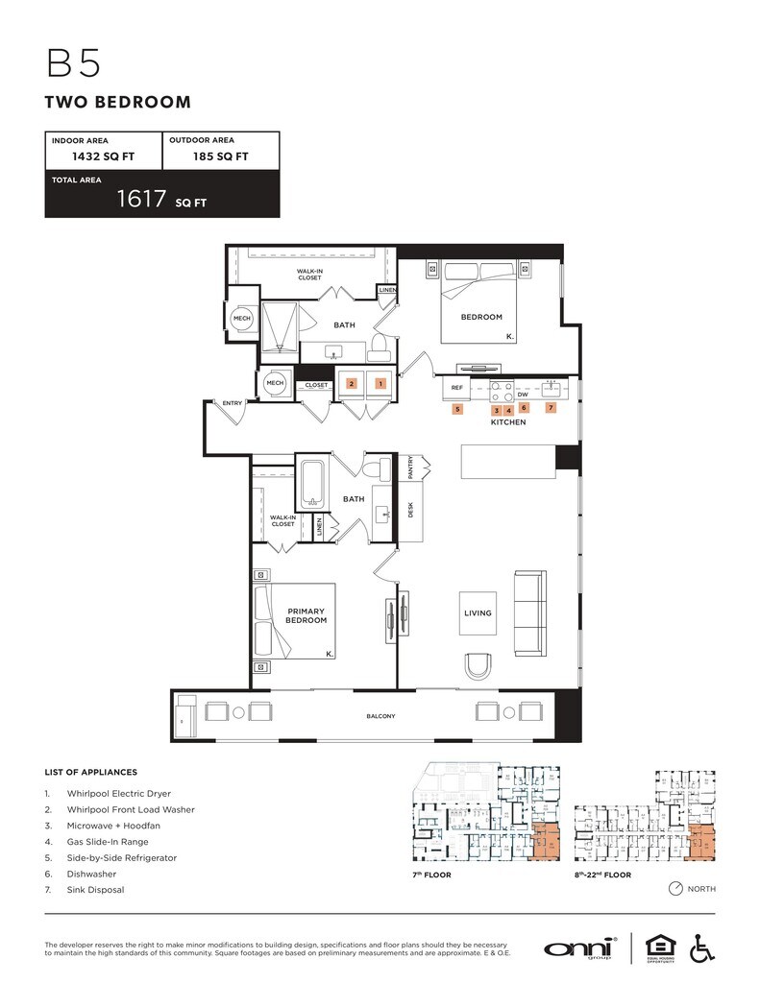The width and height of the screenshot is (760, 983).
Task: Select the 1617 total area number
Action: [x=141, y=199]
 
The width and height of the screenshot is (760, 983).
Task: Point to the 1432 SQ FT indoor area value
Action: [x=103, y=156]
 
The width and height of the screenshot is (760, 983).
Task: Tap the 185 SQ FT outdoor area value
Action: [x=221, y=156]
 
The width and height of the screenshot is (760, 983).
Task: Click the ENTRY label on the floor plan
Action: [x=233, y=403]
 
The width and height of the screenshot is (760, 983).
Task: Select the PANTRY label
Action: [x=411, y=468]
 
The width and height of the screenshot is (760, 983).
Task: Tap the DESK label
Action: [x=411, y=512]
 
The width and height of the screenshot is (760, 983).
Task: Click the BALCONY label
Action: [x=380, y=716]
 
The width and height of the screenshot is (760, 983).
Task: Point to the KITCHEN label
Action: [x=508, y=422]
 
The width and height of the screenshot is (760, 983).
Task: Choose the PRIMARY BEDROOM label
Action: [x=306, y=615]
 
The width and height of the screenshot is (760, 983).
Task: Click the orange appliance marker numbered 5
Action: [x=457, y=409]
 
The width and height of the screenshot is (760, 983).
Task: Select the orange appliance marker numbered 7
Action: [x=551, y=408]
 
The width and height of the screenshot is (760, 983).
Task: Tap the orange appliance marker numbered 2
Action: [x=352, y=384]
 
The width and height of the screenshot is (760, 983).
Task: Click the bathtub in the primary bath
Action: [x=311, y=487]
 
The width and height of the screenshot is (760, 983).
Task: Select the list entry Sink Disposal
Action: [x=95, y=890]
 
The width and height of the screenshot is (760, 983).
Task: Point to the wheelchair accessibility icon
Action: [x=702, y=947]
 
